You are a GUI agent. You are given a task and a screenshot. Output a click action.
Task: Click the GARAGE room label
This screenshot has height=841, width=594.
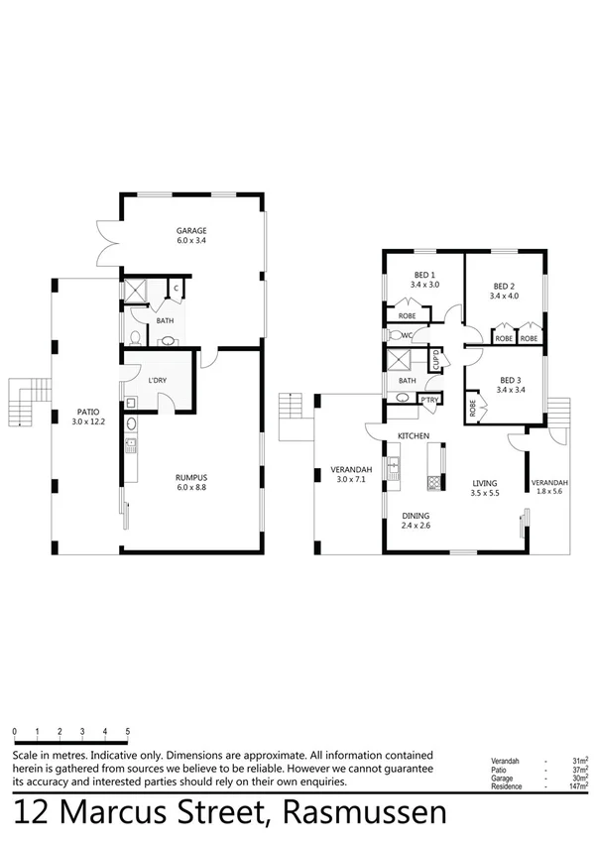point(191,230)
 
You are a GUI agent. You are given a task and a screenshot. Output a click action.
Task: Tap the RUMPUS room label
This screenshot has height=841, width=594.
point(192,476)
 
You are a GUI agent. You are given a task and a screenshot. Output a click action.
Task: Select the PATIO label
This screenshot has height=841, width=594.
point(85,412)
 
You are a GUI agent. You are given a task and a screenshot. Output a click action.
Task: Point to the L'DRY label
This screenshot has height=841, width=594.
point(156,382)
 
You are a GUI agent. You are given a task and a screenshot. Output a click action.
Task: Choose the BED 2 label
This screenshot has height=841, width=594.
point(504,285)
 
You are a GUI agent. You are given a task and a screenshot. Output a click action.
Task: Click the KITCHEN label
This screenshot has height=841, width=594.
point(413,436)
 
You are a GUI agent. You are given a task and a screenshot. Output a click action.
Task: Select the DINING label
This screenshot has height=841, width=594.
point(416,516)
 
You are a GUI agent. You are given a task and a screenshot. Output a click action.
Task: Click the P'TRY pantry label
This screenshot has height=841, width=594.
point(429,400)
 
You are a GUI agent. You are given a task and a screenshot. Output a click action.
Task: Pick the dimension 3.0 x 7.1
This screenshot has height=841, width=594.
point(351,481)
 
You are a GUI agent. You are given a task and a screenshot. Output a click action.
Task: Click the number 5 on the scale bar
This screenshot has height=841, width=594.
point(128,731)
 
